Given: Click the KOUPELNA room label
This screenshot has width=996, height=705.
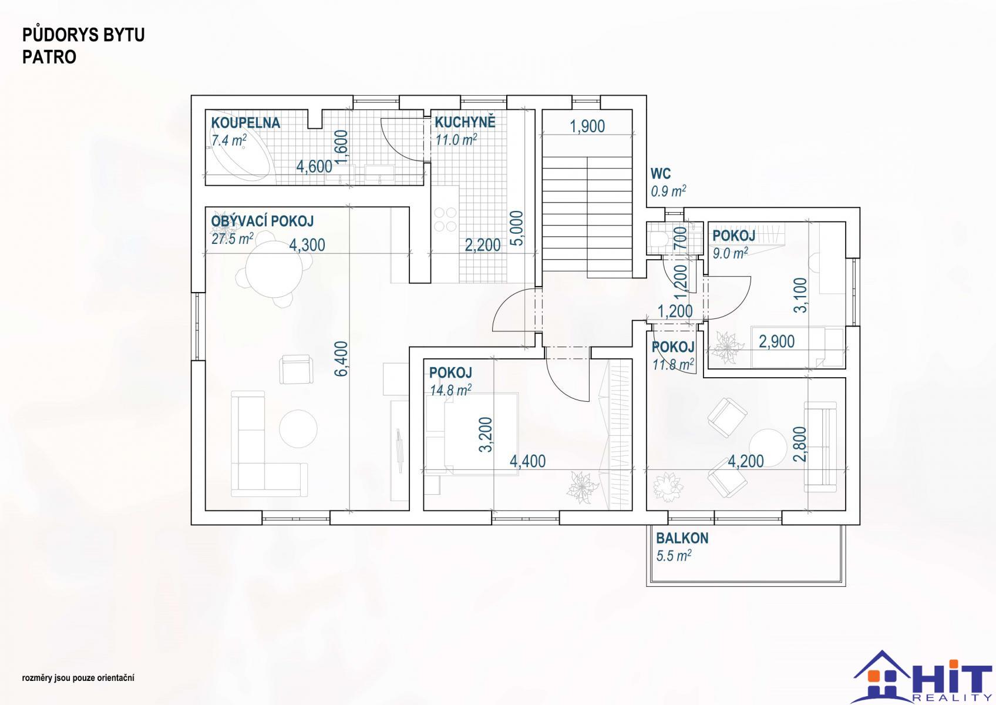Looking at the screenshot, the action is point(245,123).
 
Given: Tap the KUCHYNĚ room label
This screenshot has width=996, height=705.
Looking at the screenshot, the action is point(465,122).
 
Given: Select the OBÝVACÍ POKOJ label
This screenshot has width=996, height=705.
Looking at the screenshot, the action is point(263,221).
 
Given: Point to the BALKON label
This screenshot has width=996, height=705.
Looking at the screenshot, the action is point(682,538).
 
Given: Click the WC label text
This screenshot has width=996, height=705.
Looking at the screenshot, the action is point(660,173).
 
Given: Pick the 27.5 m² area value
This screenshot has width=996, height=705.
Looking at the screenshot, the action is point(233,239).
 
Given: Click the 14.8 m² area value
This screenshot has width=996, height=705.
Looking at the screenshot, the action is point(450,390).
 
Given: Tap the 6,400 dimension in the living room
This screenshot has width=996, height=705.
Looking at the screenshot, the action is point(341,358).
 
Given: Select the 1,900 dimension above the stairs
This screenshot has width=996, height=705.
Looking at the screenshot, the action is point(587,126).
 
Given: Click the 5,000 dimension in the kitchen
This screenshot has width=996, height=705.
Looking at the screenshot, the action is point(517,228).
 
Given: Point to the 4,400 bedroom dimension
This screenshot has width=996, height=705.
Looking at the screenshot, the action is point(527,462).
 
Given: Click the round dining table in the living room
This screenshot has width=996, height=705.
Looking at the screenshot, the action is point(274,269).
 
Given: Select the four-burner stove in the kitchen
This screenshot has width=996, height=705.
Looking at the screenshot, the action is point(445,219).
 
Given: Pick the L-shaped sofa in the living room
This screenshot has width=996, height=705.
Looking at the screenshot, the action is point(268,444).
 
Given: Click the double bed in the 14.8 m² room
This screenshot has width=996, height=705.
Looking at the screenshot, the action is point(472,434).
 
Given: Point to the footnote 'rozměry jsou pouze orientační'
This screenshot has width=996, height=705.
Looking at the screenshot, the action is point(78,678).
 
